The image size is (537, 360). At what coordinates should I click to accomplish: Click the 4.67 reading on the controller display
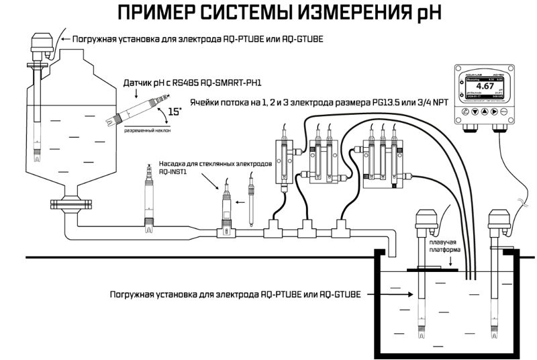pos(486,87)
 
